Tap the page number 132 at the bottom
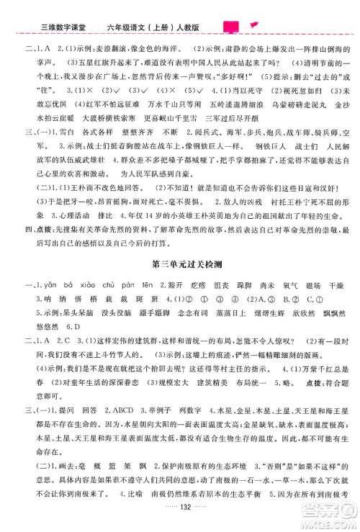[x=181, y=522]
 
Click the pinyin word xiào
[x=86, y=287]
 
